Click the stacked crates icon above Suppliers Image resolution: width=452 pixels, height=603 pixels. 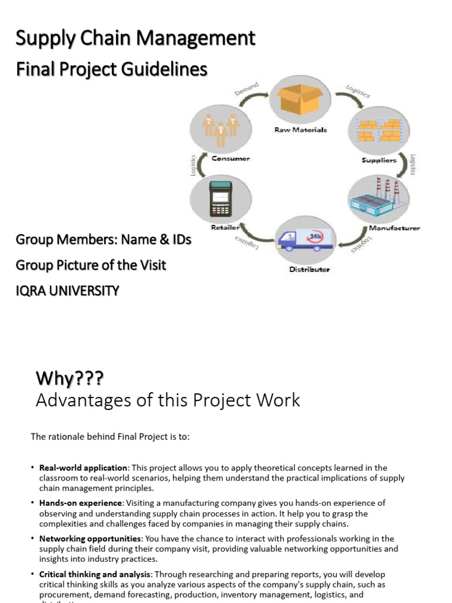378,130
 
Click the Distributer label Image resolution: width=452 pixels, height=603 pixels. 309,270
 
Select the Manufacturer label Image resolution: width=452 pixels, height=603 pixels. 394,228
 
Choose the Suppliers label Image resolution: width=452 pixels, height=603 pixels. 378,160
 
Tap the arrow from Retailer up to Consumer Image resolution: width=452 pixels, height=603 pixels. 200,166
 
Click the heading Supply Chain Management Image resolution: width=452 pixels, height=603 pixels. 135,39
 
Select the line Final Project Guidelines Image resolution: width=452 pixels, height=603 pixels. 112,69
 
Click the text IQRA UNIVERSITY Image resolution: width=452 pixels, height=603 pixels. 67,290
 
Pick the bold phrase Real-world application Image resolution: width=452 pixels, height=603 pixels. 83,468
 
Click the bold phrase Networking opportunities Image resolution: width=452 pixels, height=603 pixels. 90,539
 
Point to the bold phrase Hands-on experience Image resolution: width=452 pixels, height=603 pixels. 81,503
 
